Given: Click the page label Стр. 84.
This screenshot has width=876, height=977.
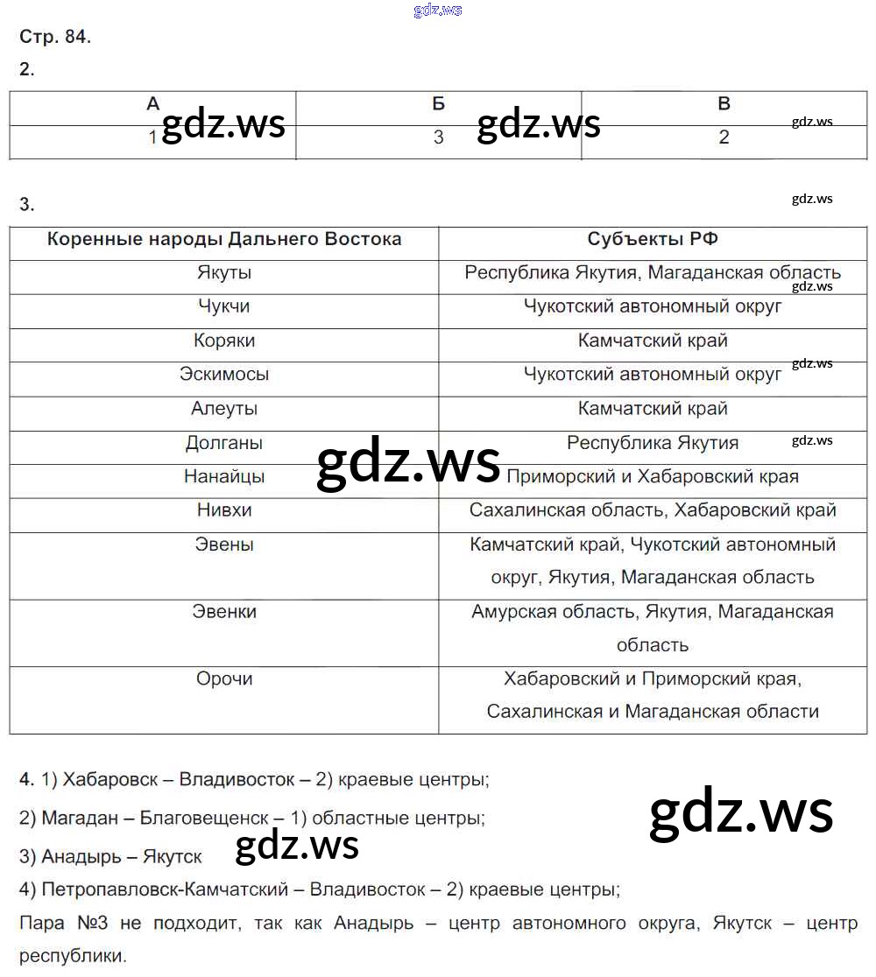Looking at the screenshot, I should tap(55, 37).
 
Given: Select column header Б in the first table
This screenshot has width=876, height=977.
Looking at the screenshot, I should tap(439, 104).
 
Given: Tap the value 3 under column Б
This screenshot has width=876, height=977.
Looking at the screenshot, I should tap(439, 137).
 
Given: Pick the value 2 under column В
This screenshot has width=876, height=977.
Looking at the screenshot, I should tap(724, 137).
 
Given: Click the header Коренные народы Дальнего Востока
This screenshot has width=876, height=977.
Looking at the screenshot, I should tap(224, 239).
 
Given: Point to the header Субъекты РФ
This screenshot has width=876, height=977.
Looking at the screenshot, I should tap(653, 239).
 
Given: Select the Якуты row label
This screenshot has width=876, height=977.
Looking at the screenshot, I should tap(224, 272).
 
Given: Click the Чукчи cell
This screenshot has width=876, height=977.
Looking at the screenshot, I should tap(224, 306).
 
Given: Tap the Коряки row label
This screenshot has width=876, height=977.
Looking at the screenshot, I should tap(224, 341).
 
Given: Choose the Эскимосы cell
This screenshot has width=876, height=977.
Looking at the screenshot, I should tap(224, 374).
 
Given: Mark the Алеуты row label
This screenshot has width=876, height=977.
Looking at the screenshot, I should tap(224, 408).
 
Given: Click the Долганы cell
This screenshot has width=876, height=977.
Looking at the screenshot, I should tap(224, 442).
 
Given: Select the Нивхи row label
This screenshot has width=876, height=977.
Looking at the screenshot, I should tap(224, 510).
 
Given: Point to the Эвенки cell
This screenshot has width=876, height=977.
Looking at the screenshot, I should tap(224, 611).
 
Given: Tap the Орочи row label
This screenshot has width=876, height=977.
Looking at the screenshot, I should tap(224, 678).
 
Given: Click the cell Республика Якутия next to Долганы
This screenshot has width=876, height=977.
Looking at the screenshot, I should tap(653, 442).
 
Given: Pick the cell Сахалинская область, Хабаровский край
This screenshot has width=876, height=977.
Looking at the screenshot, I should tap(653, 510).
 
